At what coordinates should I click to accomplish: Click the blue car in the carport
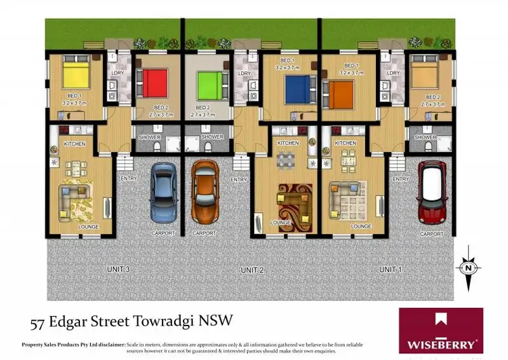[x=163, y=193]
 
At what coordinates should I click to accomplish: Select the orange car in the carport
[x=203, y=192]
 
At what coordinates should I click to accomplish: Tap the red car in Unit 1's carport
[x=431, y=192]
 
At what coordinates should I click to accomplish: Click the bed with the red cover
[x=154, y=83]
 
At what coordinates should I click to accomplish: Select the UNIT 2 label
[x=252, y=270]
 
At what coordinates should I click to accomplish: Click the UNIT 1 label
[x=387, y=270]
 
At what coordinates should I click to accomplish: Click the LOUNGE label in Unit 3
[x=88, y=226]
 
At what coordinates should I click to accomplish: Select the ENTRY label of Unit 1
[x=401, y=179]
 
